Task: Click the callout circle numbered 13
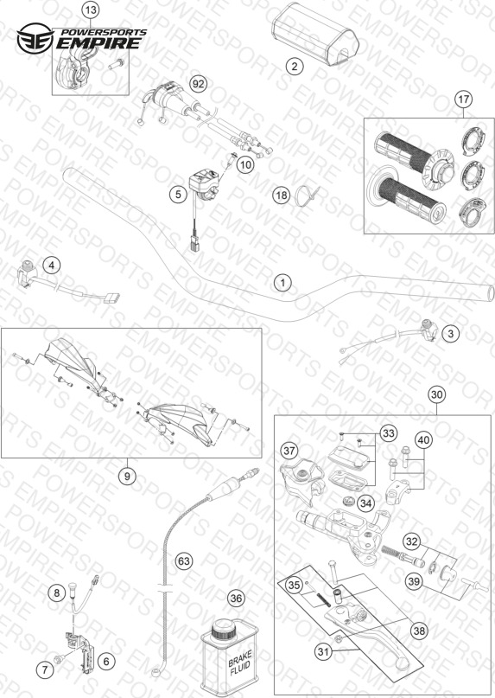(x=91, y=10)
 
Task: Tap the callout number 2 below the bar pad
(x=294, y=67)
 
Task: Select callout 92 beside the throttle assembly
(x=199, y=84)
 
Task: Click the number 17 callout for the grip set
(x=463, y=99)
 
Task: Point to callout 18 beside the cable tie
(x=281, y=195)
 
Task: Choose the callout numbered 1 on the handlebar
(x=282, y=283)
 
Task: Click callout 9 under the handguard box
(x=127, y=477)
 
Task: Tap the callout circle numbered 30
(x=437, y=394)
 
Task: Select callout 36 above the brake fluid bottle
(x=236, y=599)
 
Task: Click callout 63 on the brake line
(x=184, y=561)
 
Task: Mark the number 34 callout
(x=365, y=503)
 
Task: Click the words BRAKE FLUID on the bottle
(x=240, y=662)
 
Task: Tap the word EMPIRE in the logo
(x=99, y=43)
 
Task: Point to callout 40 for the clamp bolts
(x=424, y=440)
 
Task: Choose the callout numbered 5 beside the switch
(x=178, y=195)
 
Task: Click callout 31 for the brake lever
(x=325, y=652)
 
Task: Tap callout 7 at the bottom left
(x=45, y=669)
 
